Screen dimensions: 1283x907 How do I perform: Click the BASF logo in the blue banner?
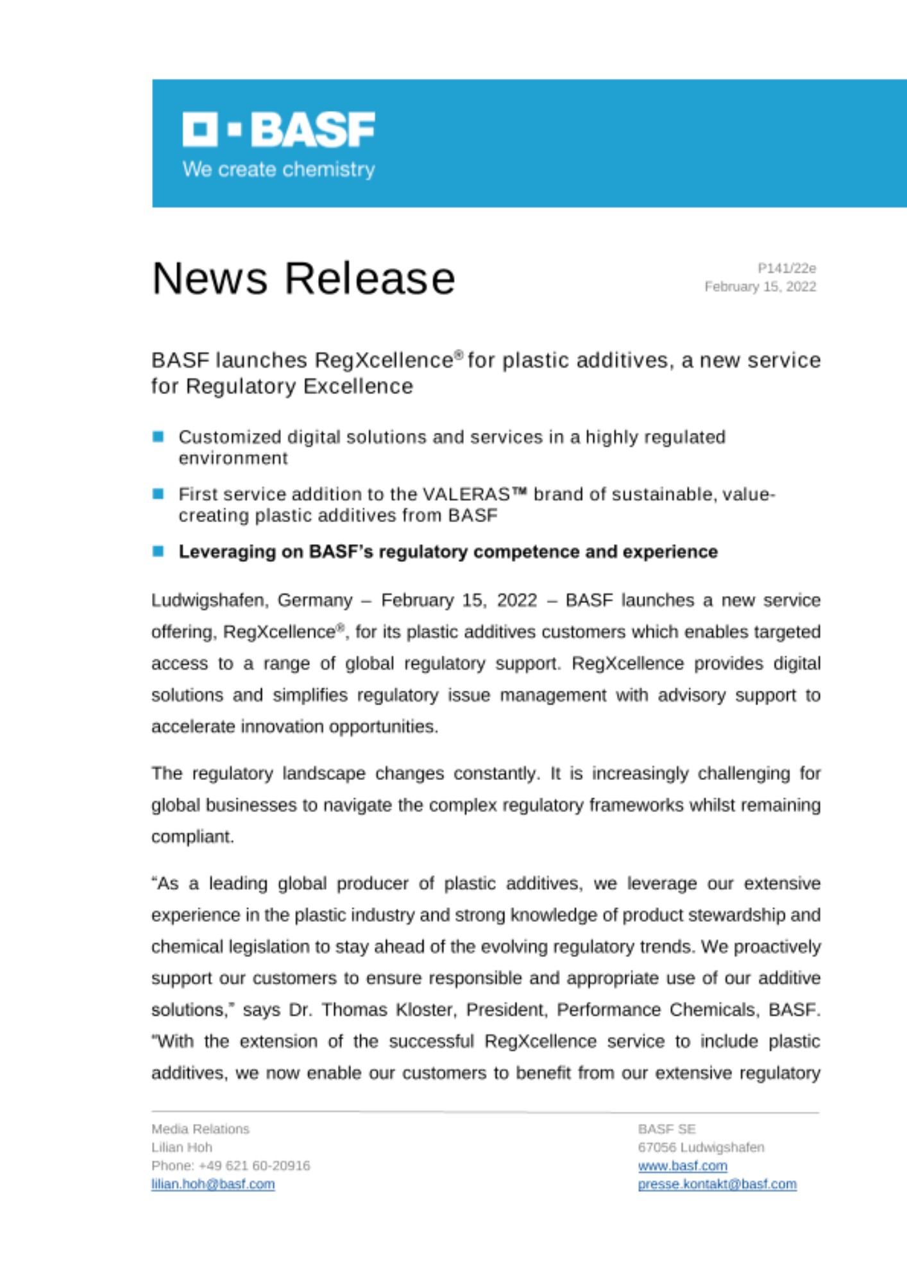click(278, 130)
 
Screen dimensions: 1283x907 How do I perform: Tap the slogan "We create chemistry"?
click(278, 169)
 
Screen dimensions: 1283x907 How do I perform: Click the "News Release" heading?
click(303, 278)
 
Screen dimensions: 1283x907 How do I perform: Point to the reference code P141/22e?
click(786, 268)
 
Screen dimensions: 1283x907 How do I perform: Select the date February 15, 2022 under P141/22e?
click(760, 287)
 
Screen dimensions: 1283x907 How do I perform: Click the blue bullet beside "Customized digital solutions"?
click(158, 438)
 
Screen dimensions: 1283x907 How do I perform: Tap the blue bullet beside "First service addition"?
click(158, 494)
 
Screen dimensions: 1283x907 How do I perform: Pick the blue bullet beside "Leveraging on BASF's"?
click(158, 551)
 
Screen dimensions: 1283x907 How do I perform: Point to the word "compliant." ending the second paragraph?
click(192, 837)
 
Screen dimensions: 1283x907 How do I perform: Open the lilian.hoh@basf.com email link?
click(213, 1184)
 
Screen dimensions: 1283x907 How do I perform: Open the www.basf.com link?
click(682, 1166)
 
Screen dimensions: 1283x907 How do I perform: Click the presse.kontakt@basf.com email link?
click(717, 1184)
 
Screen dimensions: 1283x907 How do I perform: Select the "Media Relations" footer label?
click(200, 1129)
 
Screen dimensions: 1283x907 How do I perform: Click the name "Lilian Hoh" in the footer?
click(182, 1147)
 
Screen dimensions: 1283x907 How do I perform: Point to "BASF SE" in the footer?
click(666, 1129)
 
